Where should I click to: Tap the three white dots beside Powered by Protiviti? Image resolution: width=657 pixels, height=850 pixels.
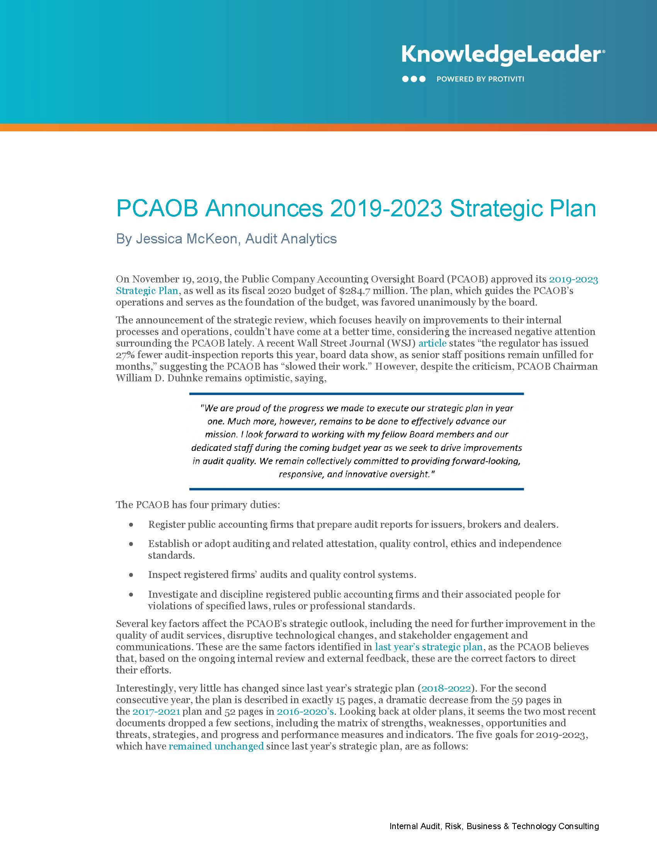click(x=414, y=79)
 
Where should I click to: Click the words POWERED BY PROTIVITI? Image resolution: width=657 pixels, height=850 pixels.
click(x=480, y=79)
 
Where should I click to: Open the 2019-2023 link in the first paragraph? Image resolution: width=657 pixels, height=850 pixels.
click(x=573, y=279)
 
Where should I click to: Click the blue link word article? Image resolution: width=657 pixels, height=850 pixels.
click(x=432, y=343)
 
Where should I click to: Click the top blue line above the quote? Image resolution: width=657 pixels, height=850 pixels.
click(x=356, y=394)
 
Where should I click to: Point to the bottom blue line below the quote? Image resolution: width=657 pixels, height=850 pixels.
click(x=356, y=489)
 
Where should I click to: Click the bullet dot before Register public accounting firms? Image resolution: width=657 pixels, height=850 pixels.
click(x=131, y=525)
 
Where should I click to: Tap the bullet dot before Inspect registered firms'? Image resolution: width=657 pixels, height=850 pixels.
click(x=131, y=575)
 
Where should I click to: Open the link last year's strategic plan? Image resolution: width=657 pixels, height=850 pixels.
click(x=429, y=647)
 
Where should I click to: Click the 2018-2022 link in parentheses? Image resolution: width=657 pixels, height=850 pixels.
click(x=446, y=688)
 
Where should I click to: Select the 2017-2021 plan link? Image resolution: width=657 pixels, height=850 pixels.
click(x=156, y=711)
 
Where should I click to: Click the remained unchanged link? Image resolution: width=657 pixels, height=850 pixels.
click(x=216, y=746)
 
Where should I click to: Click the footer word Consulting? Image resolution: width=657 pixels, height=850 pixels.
click(x=579, y=826)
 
